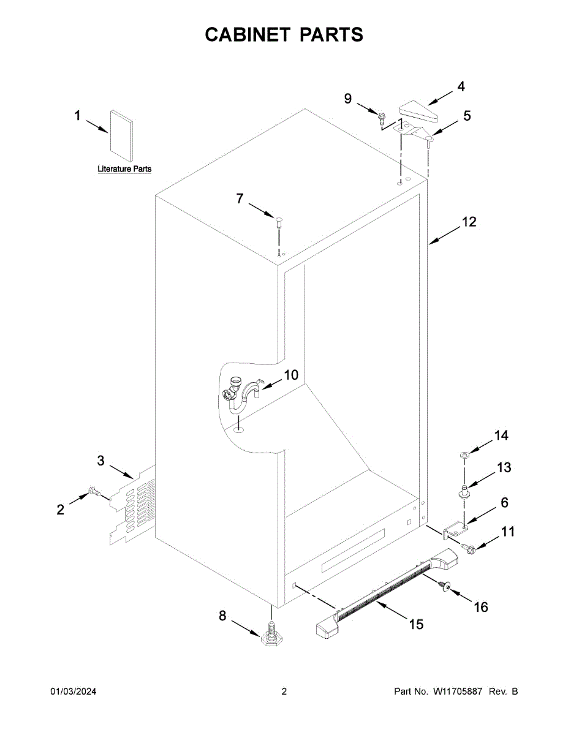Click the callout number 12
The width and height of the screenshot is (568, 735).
(469, 222)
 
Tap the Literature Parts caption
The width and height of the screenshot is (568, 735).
(124, 169)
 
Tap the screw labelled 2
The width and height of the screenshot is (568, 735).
(95, 492)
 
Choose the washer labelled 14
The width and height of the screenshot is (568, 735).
(464, 454)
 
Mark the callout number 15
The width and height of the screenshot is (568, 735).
(415, 624)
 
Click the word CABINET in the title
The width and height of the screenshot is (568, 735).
(248, 35)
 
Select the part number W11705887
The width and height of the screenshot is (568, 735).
(459, 692)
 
